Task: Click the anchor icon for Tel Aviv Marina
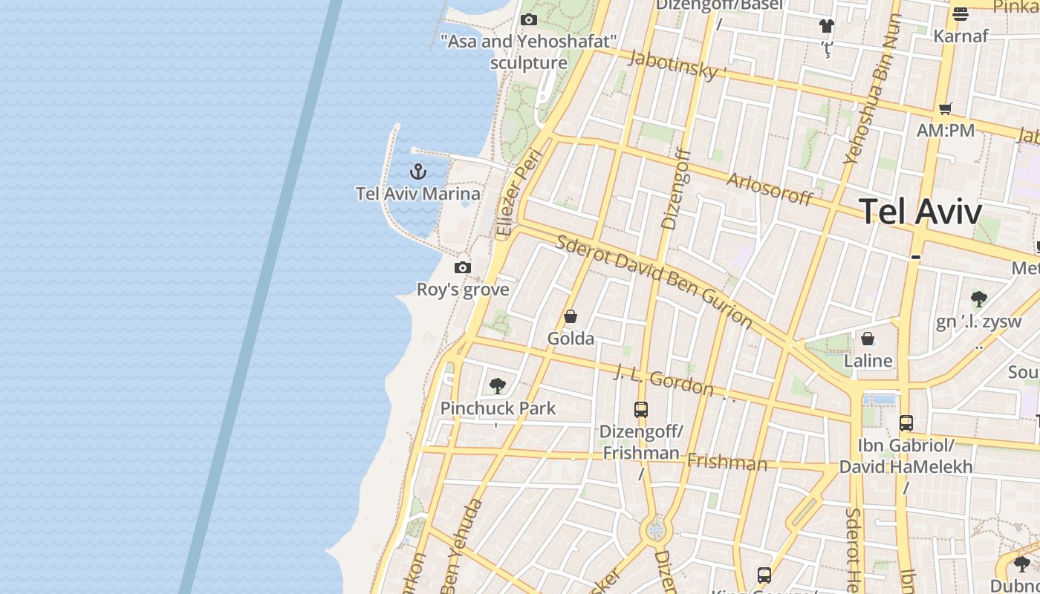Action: (x=418, y=172)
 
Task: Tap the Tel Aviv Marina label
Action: (x=417, y=194)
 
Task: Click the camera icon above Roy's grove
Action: (x=463, y=267)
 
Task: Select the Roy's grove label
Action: (x=463, y=290)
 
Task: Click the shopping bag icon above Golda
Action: (x=571, y=317)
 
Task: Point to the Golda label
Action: (x=571, y=339)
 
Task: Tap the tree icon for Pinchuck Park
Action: (x=498, y=386)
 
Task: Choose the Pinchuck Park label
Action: (x=498, y=408)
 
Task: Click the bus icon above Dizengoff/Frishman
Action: (x=640, y=409)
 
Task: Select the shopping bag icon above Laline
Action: (x=868, y=339)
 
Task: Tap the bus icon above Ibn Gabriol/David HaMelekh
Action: (x=906, y=423)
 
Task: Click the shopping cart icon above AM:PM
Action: (x=946, y=109)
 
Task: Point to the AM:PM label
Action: (x=946, y=131)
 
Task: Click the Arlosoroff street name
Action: (x=770, y=189)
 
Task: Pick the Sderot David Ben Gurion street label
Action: (x=654, y=281)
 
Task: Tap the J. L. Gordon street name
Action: (x=663, y=381)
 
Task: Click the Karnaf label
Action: (x=961, y=36)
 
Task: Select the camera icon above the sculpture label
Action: (x=529, y=19)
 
